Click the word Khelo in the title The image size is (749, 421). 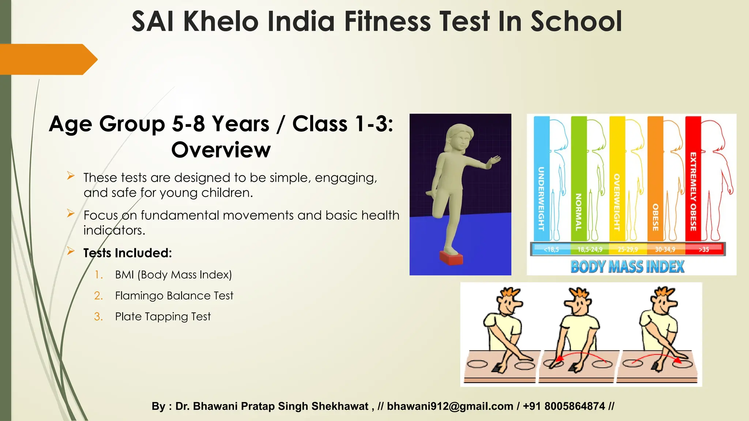(x=221, y=22)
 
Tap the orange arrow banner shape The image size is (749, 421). (x=48, y=59)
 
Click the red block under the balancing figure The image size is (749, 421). (x=451, y=258)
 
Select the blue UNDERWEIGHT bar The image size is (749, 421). (x=541, y=179)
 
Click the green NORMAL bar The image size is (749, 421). (x=579, y=179)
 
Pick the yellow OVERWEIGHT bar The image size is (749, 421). (x=617, y=179)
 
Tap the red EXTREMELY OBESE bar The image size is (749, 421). (x=693, y=179)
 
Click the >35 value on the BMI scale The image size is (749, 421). (x=704, y=250)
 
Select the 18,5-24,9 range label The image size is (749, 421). (x=590, y=250)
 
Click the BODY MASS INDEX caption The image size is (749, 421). (x=627, y=266)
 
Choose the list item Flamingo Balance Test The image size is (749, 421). (x=174, y=296)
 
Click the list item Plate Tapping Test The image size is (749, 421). (x=163, y=316)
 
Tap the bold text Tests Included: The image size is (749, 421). (x=128, y=253)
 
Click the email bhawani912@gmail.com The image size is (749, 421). (x=450, y=406)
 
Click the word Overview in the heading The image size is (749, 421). (x=221, y=150)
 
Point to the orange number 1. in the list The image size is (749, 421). (x=98, y=275)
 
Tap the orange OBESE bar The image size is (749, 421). (x=655, y=179)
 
